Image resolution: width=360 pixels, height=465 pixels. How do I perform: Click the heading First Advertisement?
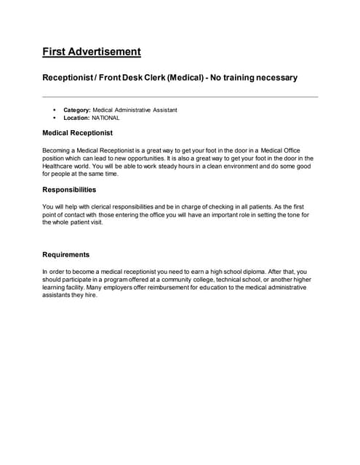pos(92,52)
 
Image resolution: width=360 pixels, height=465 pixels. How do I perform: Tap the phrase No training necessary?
pos(254,77)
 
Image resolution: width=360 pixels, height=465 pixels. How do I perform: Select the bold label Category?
pos(77,110)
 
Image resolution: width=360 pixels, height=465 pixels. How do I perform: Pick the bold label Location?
pos(76,117)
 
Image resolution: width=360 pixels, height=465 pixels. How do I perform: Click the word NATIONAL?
pos(105,117)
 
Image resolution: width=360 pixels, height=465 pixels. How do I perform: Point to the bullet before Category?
pos(55,110)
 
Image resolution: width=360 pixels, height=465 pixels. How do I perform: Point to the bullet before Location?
pos(55,117)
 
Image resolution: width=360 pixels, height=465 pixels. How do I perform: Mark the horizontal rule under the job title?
pos(180,97)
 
